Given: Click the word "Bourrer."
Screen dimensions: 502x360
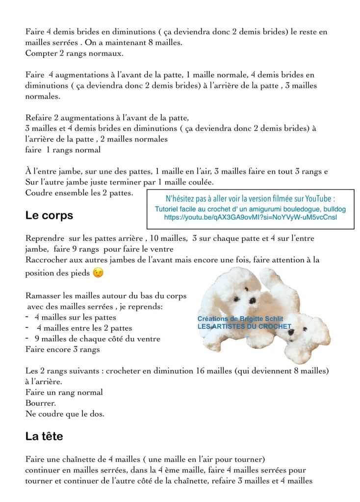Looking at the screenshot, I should pos(41,403).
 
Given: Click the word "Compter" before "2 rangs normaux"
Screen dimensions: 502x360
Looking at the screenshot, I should pos(41,53).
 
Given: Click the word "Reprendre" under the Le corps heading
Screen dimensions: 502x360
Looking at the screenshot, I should pos(46,238).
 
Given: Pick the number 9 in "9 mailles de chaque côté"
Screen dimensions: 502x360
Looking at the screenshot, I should pos(37,339).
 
